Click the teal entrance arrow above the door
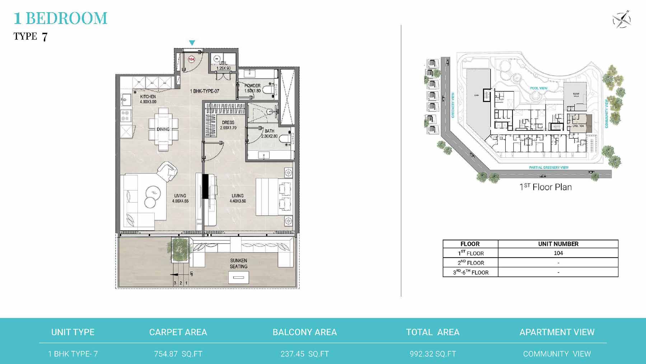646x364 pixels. click(192, 43)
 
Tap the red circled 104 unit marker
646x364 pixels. click(191, 59)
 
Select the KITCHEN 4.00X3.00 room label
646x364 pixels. click(148, 99)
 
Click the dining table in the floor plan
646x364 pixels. click(163, 129)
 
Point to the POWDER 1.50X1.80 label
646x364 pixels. click(252, 88)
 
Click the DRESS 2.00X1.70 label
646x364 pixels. click(228, 125)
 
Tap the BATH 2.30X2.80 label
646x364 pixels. click(269, 134)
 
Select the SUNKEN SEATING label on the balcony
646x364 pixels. click(238, 263)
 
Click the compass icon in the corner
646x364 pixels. click(622, 19)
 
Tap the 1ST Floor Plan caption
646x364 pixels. click(546, 187)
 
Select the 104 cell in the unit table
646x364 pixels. click(558, 253)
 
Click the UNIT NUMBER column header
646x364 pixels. click(558, 244)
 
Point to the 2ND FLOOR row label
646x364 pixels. click(471, 263)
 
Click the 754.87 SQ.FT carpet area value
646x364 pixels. click(178, 354)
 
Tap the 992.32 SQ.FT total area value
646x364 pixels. click(433, 354)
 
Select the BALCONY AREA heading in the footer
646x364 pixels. click(305, 332)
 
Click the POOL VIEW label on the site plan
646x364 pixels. click(538, 88)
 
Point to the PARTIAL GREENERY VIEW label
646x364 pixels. click(549, 167)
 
